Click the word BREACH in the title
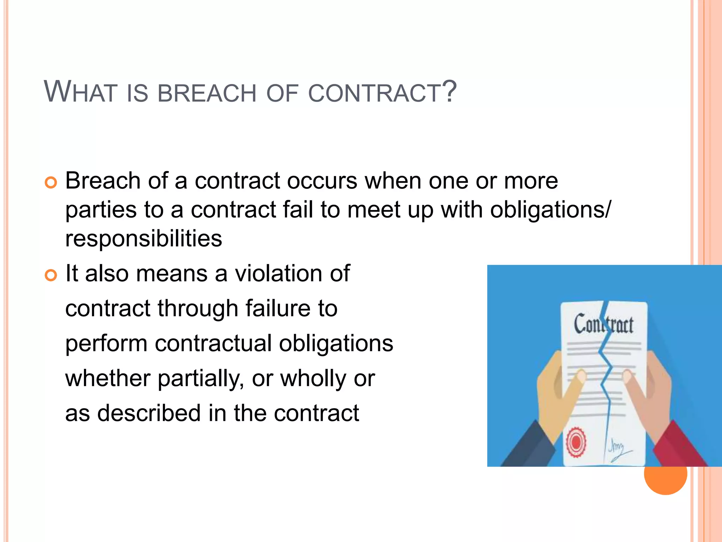[207, 94]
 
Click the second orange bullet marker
[51, 276]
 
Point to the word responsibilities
[143, 239]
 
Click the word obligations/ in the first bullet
[550, 210]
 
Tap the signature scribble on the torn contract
[619, 450]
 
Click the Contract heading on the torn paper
[603, 324]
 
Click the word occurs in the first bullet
[322, 181]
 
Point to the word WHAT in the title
[80, 92]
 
